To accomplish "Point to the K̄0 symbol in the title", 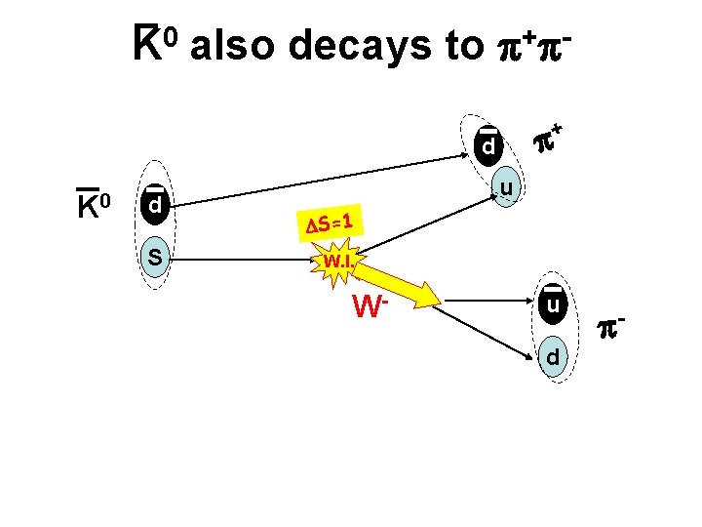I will (155, 43).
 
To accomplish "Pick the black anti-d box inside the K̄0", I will (154, 207).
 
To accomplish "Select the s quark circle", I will (154, 258).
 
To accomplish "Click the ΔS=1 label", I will (329, 223).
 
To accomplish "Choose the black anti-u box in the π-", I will (553, 305).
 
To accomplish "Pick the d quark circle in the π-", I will (553, 357).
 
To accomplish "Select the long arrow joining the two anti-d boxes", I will (322, 176).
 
